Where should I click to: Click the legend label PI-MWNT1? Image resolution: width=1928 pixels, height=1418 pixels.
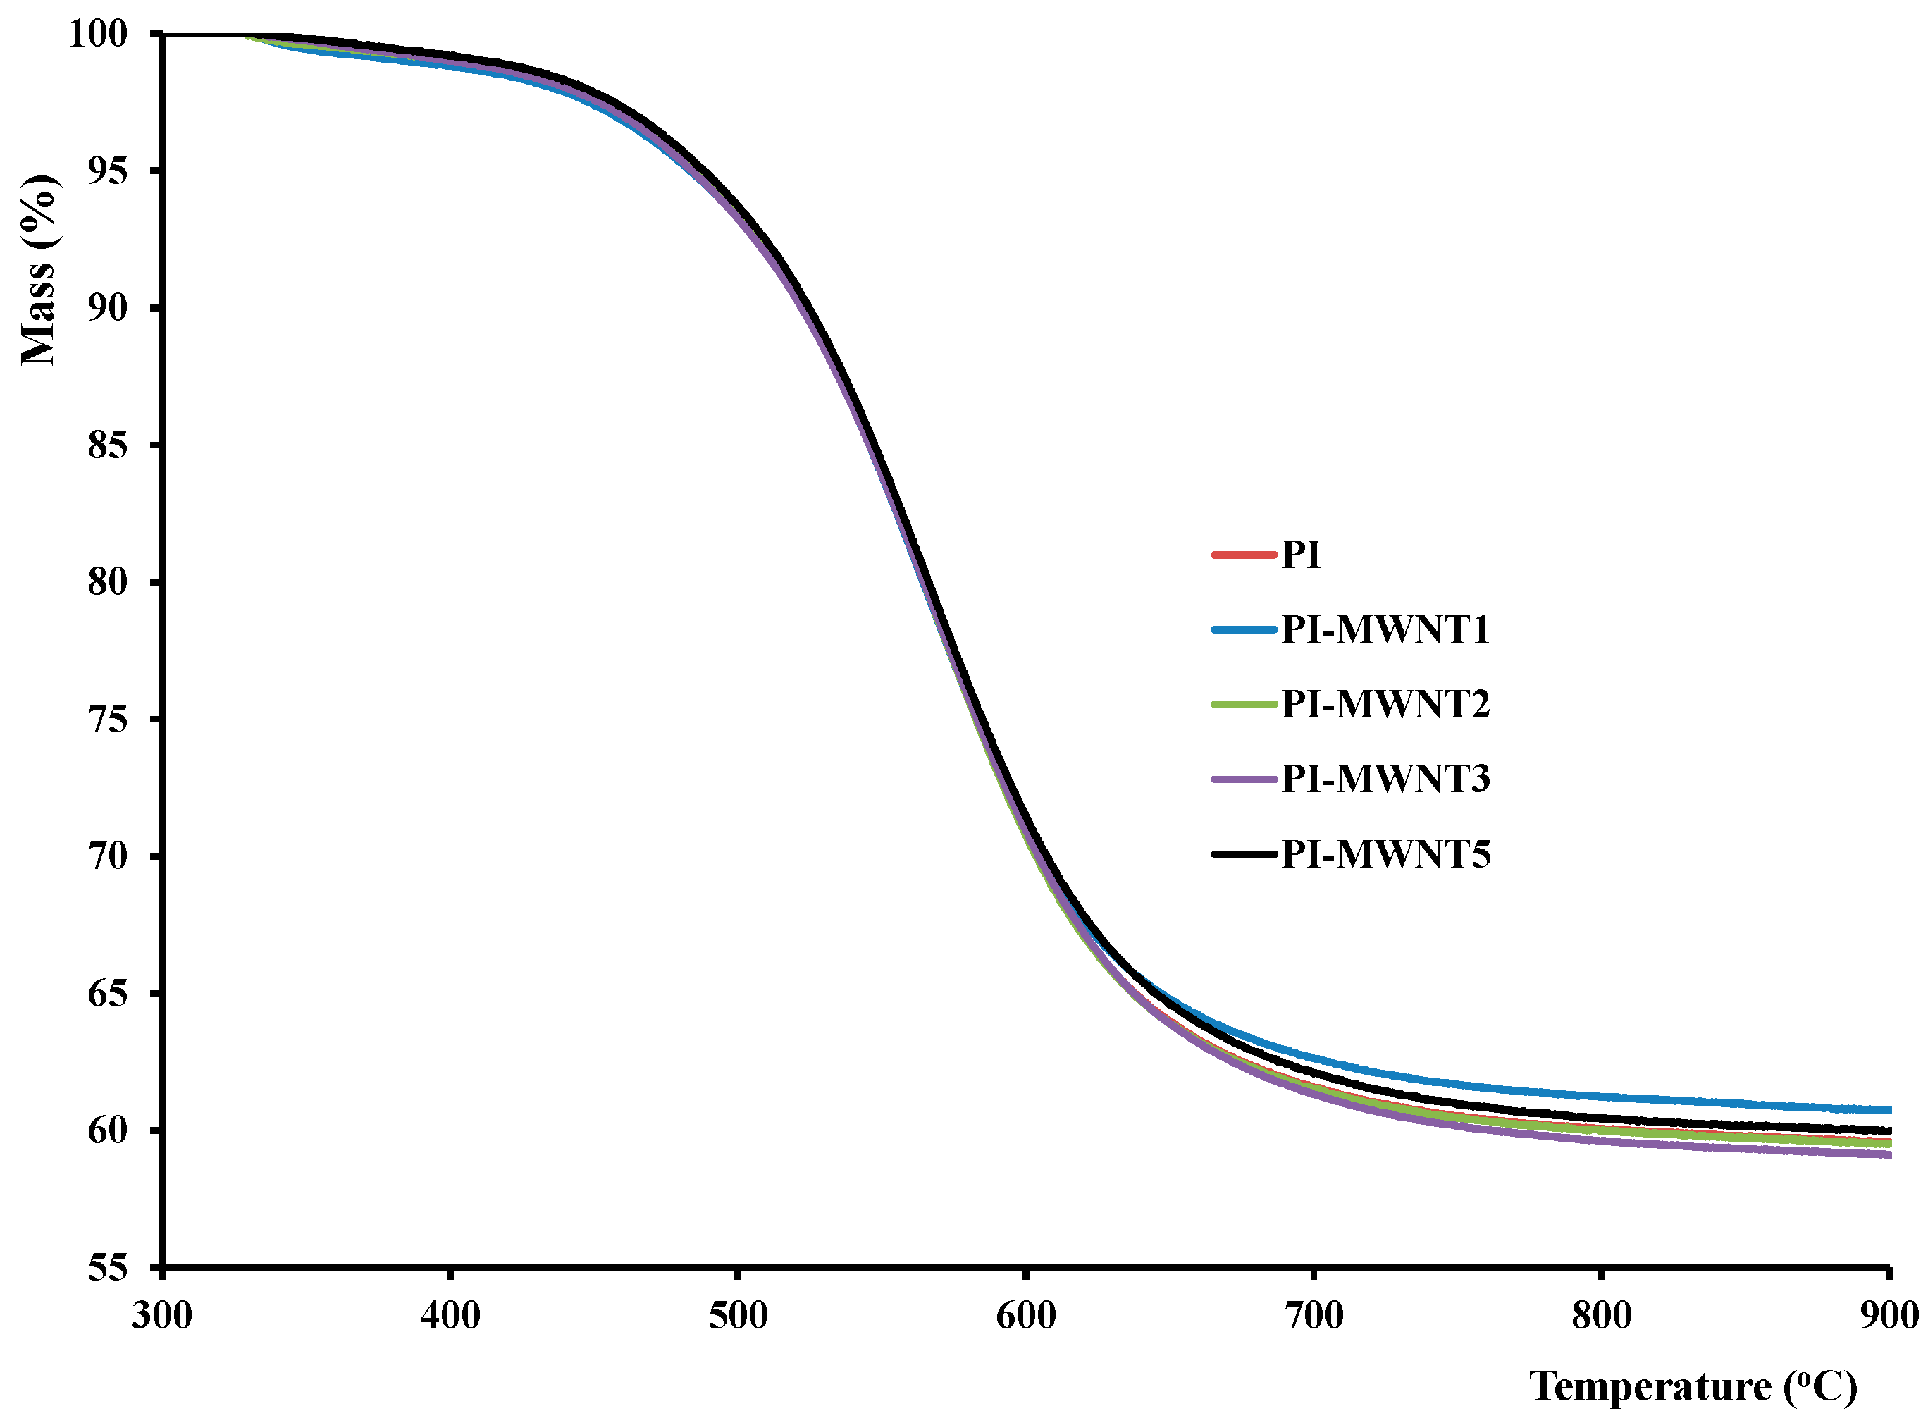tap(1385, 629)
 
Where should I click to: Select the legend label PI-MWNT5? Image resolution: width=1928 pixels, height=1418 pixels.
tap(1385, 854)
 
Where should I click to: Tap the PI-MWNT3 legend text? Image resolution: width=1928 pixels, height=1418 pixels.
tap(1385, 779)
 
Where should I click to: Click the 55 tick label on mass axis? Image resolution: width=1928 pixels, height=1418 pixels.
tap(107, 1267)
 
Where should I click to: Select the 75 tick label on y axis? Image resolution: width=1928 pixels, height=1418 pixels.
tap(107, 718)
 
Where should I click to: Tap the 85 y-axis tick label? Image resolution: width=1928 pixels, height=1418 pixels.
tap(107, 445)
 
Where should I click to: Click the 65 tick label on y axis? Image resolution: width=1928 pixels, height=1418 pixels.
tap(107, 993)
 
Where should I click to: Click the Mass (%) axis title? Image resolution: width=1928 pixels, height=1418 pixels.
tap(39, 271)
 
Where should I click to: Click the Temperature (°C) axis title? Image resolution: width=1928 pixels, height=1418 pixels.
tap(1692, 1386)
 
